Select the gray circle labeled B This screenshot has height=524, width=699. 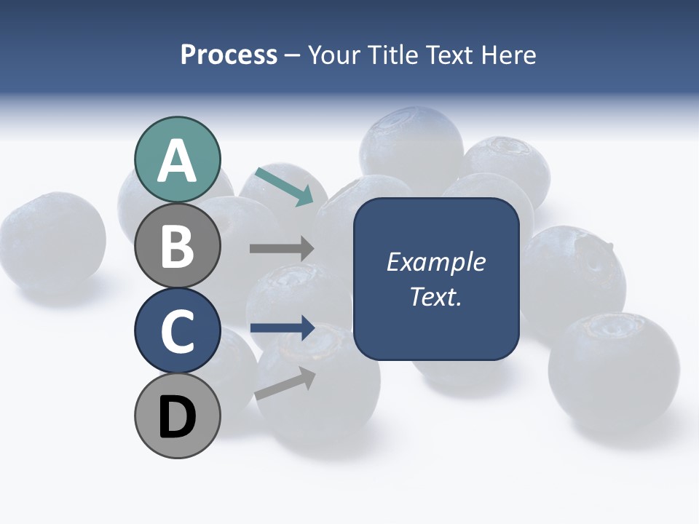177,246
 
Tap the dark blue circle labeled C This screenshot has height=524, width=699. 177,331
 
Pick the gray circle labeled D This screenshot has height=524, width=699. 177,416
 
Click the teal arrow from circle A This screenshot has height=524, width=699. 284,186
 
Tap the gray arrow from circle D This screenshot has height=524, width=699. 285,384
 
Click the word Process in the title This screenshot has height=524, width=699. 229,55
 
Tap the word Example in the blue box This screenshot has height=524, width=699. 435,262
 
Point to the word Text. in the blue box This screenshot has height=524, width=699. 435,296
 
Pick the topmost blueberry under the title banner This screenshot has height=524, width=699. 411,142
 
